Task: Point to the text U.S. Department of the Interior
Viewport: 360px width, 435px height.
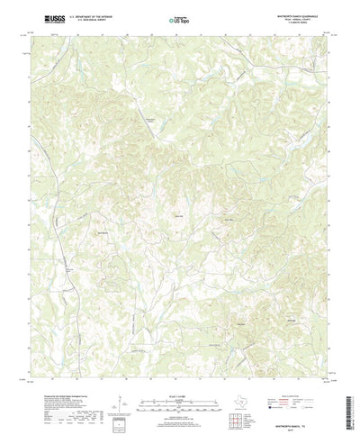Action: click(x=91, y=16)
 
